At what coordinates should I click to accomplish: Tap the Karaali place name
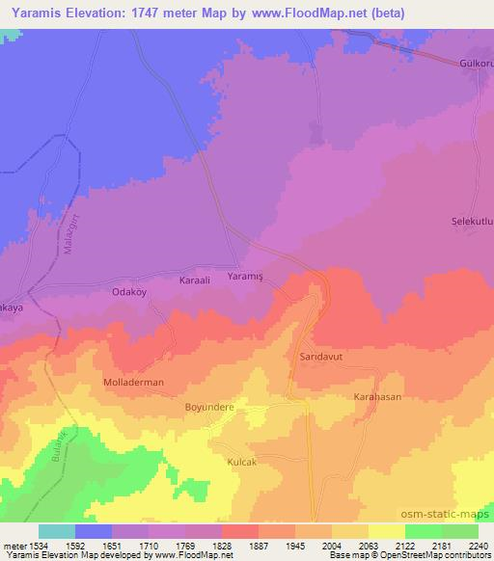pyautogui.click(x=199, y=280)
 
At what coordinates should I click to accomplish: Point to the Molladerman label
pyautogui.click(x=133, y=383)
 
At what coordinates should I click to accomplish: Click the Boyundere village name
pyautogui.click(x=209, y=407)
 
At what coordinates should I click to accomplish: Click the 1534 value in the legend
pyautogui.click(x=39, y=545)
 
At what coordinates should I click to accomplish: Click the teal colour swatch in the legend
pyautogui.click(x=57, y=531)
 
